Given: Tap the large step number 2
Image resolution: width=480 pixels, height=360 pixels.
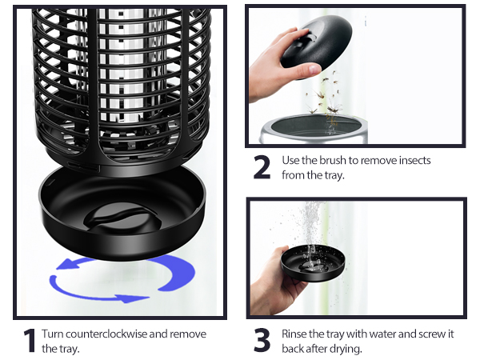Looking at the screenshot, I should pyautogui.click(x=262, y=168).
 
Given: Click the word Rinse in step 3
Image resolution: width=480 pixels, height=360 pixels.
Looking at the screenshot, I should pyautogui.click(x=296, y=334).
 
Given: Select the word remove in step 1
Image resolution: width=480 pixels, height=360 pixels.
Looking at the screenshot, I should pyautogui.click(x=189, y=334).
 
